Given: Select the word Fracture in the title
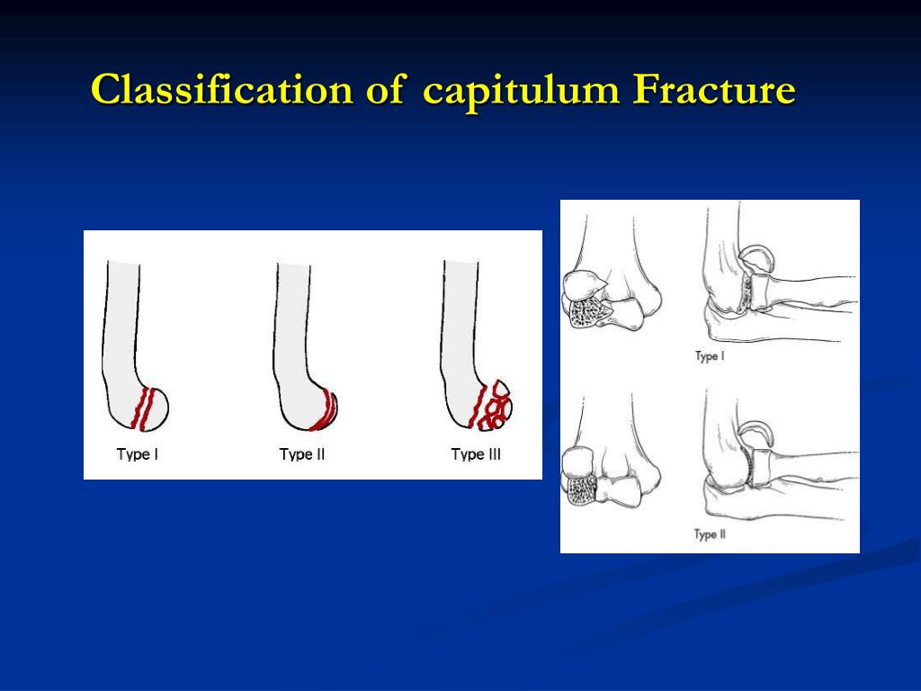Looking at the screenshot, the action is (x=714, y=90).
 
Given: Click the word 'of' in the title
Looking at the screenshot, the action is (x=385, y=90).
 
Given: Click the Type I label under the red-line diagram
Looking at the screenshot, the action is (x=138, y=454).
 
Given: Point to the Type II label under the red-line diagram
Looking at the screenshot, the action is (x=302, y=454).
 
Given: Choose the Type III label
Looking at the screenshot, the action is (x=476, y=454).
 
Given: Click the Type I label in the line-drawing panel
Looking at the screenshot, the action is (x=710, y=356).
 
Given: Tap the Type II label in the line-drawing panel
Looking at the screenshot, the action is (x=710, y=534).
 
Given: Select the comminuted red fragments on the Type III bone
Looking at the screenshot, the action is (x=492, y=406).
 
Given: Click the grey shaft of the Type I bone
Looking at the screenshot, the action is (x=122, y=329).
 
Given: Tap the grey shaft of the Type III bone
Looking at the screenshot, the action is (x=460, y=329).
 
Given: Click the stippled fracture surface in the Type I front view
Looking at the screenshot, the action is (x=583, y=311).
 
